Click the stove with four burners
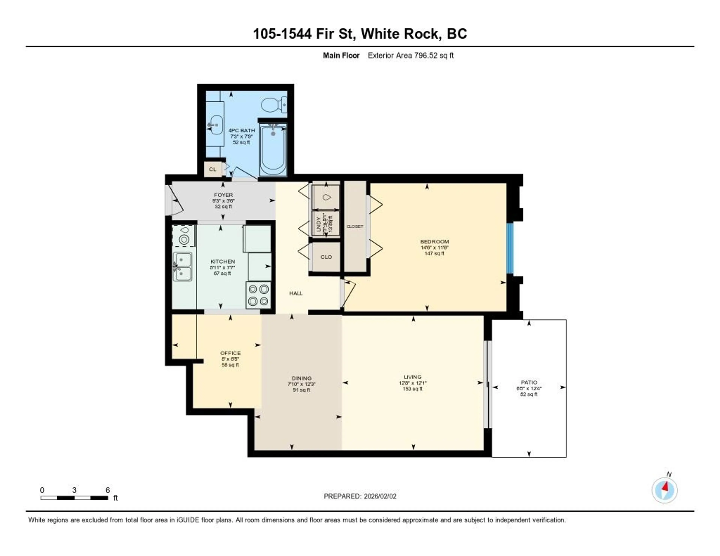[258, 295]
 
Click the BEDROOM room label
[434, 242]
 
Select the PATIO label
[529, 382]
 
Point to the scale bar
[74, 498]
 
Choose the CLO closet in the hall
[326, 257]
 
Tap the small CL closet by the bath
[213, 169]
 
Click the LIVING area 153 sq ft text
[412, 389]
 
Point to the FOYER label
[223, 195]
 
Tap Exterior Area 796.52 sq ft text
[410, 55]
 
